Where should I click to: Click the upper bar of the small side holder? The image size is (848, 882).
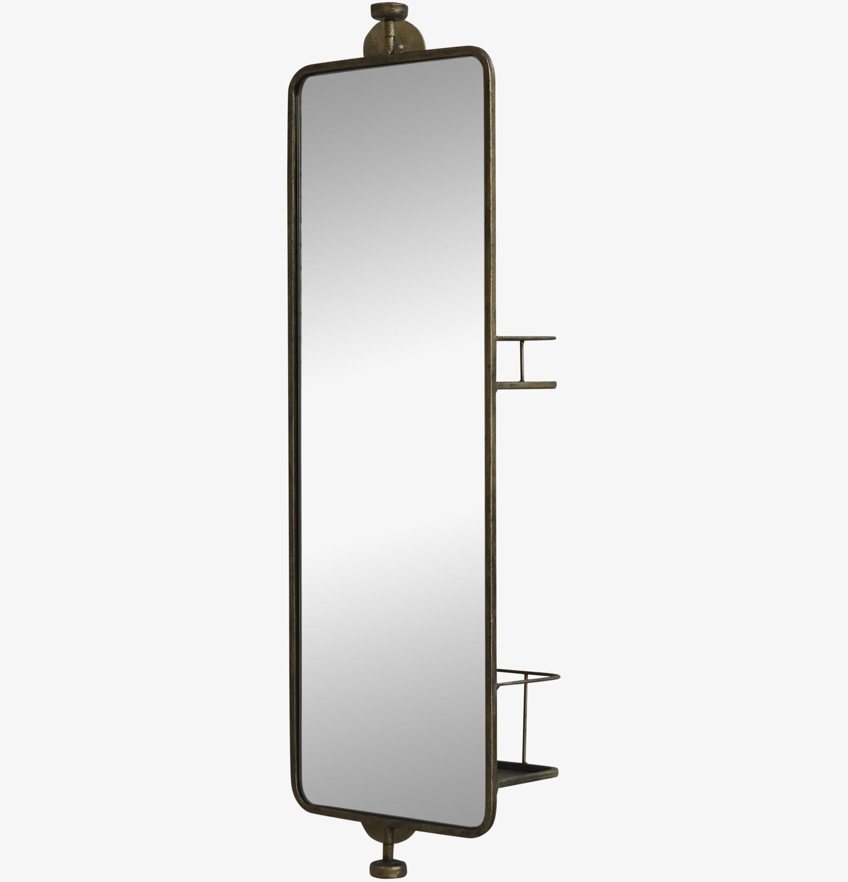pyautogui.click(x=526, y=337)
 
